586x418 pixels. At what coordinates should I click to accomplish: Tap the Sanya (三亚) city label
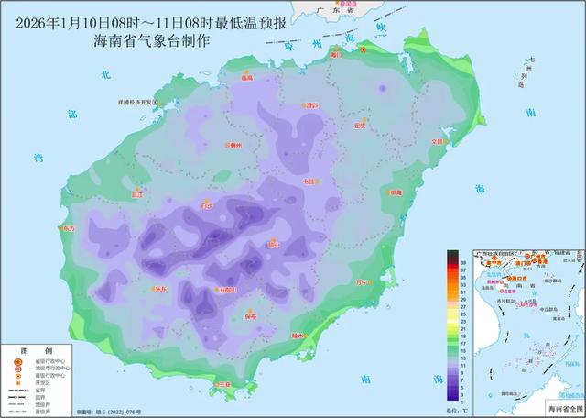pyautogui.click(x=222, y=384)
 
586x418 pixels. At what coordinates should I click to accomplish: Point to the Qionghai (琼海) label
pyautogui.click(x=396, y=192)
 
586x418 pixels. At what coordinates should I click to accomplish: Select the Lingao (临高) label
pyautogui.click(x=247, y=79)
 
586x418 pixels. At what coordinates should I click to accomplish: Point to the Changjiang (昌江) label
pyautogui.click(x=138, y=194)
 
